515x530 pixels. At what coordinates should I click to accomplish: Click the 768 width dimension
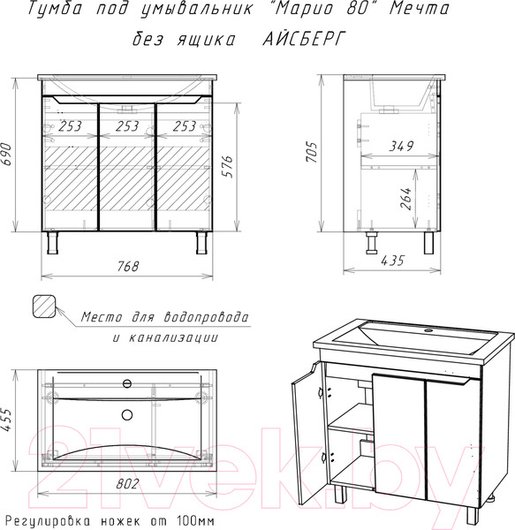click(x=128, y=267)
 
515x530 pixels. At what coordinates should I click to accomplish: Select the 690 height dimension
click(x=6, y=154)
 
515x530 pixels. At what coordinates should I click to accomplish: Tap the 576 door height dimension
click(x=229, y=166)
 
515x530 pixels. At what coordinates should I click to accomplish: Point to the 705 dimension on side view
click(x=312, y=153)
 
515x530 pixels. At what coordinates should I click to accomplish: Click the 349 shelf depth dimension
click(x=401, y=146)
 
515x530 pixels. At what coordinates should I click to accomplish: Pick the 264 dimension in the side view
click(x=405, y=199)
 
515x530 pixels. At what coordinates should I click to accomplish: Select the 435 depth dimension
click(x=392, y=261)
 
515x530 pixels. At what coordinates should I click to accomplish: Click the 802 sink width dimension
click(x=127, y=484)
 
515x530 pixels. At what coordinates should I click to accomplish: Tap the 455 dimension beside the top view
click(x=6, y=420)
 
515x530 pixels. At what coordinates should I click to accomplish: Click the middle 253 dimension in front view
click(x=127, y=126)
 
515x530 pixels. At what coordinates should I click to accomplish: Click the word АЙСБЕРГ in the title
click(x=304, y=39)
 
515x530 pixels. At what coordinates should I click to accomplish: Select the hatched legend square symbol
click(x=44, y=307)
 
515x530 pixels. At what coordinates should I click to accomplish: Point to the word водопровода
click(x=206, y=317)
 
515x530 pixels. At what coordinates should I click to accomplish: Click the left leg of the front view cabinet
click(x=52, y=243)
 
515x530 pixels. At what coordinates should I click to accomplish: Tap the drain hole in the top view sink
click(x=127, y=415)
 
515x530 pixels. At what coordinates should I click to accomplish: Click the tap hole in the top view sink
click(x=127, y=383)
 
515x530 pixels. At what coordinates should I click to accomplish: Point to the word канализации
click(x=173, y=338)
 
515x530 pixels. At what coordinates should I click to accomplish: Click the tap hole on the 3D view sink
click(x=429, y=329)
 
